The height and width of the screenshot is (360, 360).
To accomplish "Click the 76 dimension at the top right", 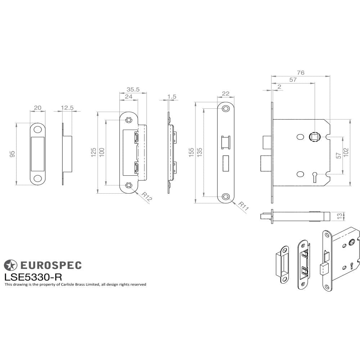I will (301, 73).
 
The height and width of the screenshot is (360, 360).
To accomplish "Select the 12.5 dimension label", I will (67, 108).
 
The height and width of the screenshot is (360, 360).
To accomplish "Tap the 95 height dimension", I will (13, 154).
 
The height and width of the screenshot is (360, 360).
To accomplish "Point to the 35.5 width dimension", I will (133, 89).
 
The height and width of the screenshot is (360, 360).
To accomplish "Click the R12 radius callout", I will (146, 197).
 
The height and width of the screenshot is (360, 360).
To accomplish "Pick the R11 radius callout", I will (243, 206).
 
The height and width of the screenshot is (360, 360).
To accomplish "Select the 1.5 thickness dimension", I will (172, 96).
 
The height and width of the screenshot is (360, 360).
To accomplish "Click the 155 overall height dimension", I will (192, 152).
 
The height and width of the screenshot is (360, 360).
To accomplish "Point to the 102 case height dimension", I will (346, 152).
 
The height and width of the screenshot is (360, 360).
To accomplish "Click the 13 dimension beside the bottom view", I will (339, 216).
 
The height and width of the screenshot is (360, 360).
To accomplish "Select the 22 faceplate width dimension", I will (226, 94).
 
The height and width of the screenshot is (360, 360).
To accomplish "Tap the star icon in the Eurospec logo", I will (10, 265).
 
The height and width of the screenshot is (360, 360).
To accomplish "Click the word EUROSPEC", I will (50, 265).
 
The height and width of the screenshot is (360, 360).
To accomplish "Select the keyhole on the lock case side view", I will (314, 176).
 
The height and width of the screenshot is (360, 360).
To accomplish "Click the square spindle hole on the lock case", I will (314, 136).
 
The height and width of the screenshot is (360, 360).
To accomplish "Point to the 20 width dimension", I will (37, 108).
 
